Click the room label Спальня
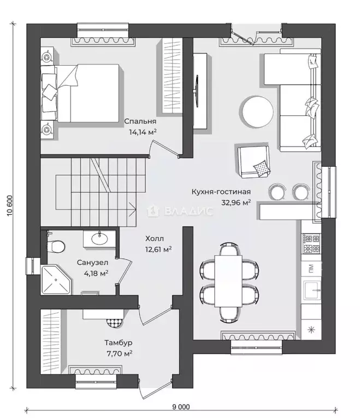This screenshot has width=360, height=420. pyautogui.click(x=140, y=121)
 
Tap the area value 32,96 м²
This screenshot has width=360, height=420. pyautogui.click(x=236, y=202)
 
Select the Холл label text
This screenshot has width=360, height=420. pyautogui.click(x=155, y=238)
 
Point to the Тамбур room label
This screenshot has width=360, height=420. pyautogui.click(x=119, y=342)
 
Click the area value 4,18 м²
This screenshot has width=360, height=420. pyautogui.click(x=96, y=273)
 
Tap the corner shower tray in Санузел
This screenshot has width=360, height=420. pyautogui.click(x=56, y=280)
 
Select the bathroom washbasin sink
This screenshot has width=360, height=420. pyautogui.click(x=99, y=238)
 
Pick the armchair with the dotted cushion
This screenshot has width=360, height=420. pyautogui.click(x=253, y=161)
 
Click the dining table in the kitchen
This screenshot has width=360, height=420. pyautogui.click(x=228, y=281)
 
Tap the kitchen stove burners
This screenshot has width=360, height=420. pyautogui.click(x=311, y=243)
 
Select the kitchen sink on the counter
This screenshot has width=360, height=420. pyautogui.click(x=311, y=290)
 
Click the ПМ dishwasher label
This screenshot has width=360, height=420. pyautogui.click(x=311, y=267)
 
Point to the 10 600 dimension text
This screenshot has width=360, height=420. pyautogui.click(x=10, y=206)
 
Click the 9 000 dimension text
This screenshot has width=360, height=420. pyautogui.click(x=181, y=407)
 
